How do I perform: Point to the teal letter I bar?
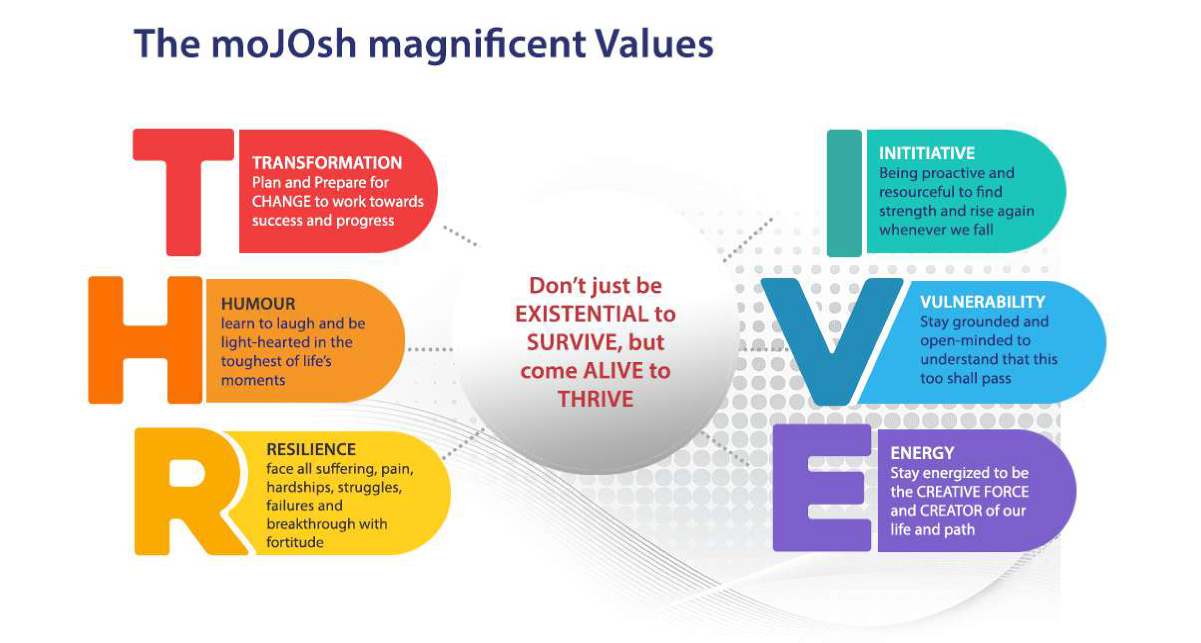[844, 193]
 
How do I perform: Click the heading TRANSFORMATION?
[327, 163]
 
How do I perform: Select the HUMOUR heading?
[258, 304]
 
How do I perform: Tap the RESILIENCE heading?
[311, 449]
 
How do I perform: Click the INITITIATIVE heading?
[927, 153]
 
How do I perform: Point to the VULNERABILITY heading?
[982, 302]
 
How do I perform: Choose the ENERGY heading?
[922, 453]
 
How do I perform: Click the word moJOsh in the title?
[284, 44]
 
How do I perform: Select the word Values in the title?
[654, 44]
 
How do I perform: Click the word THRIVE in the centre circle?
[595, 399]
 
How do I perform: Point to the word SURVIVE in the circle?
[574, 342]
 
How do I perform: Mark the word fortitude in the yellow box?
[295, 542]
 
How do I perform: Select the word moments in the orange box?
[253, 380]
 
